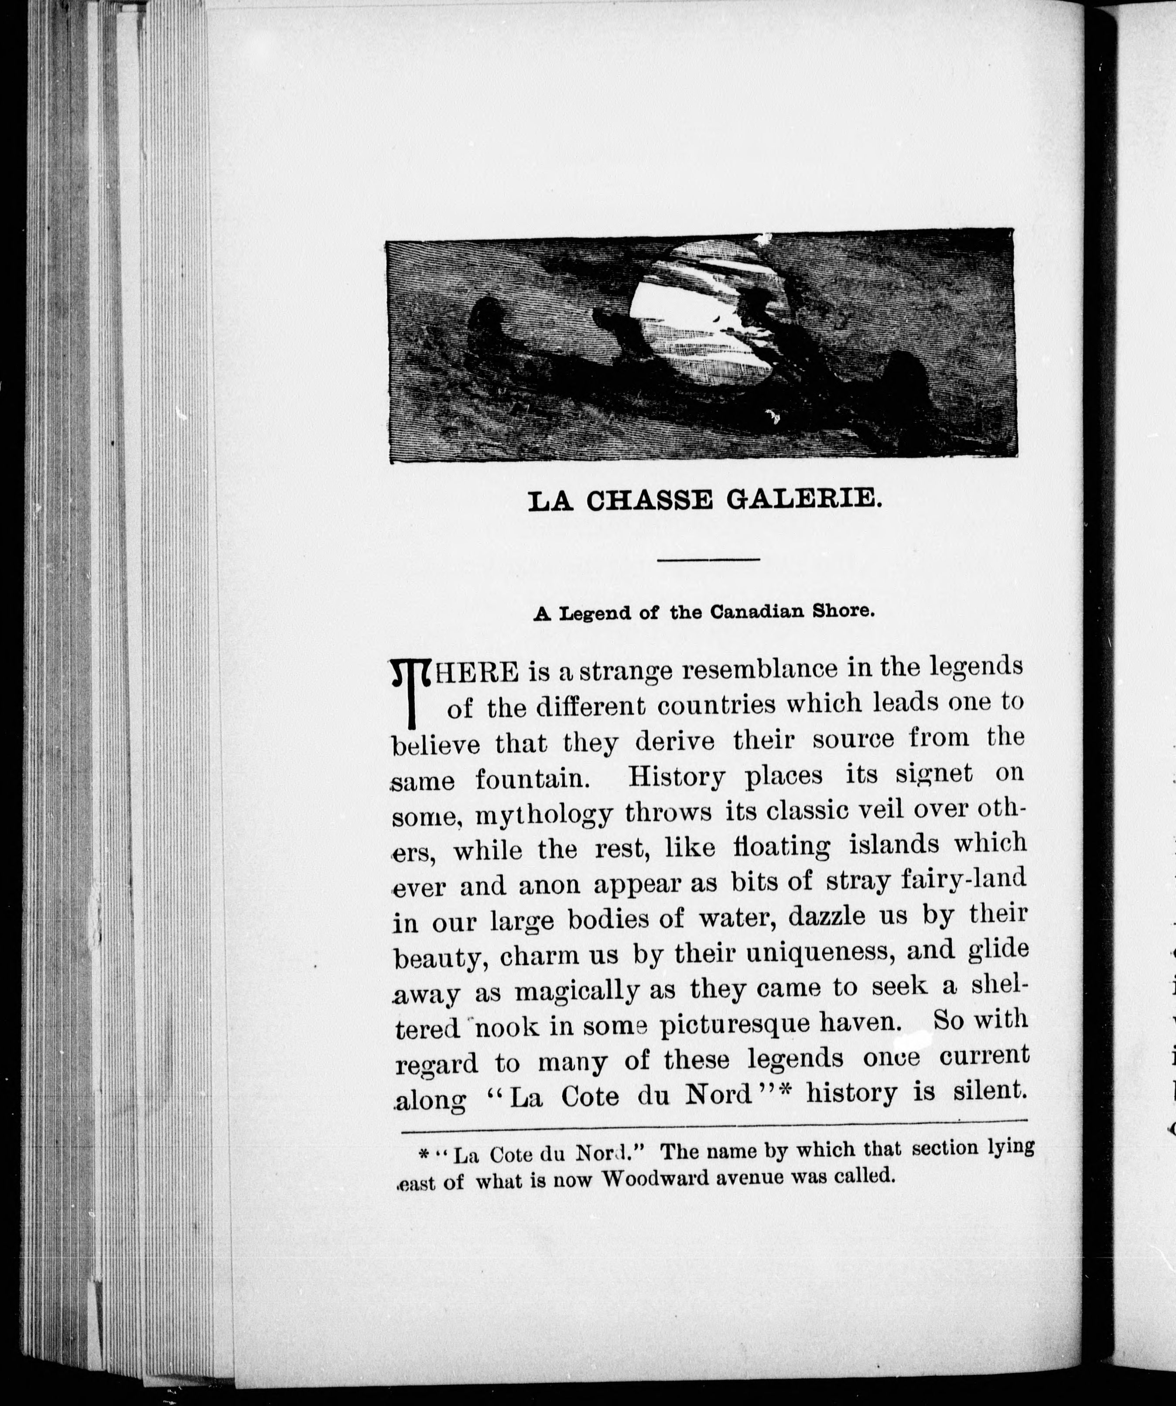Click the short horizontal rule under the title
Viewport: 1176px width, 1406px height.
(708, 559)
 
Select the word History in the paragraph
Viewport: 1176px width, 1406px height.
(677, 777)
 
